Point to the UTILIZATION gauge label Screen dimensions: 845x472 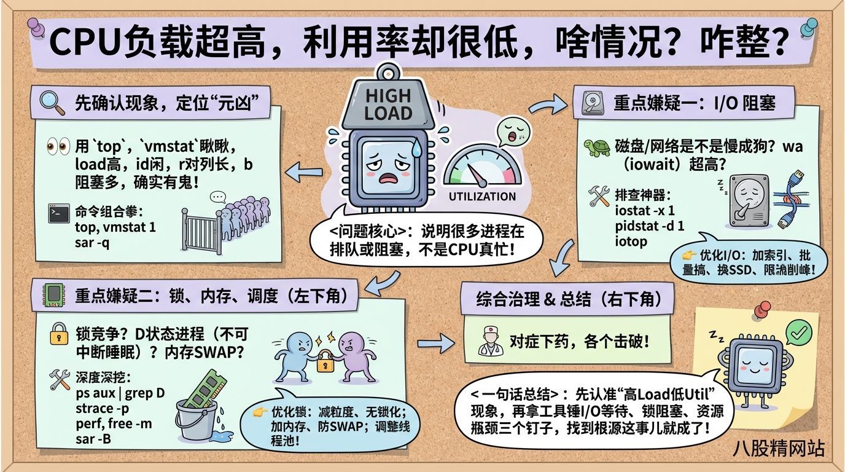coord(482,197)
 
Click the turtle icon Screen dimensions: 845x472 coord(595,147)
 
